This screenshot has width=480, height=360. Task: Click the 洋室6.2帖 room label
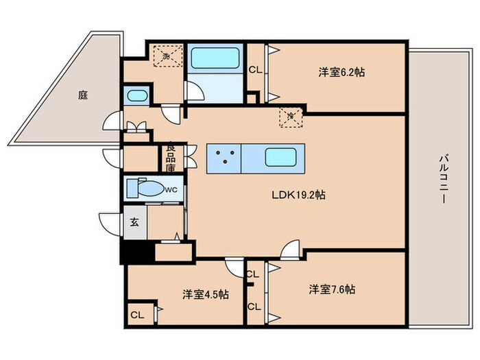341,73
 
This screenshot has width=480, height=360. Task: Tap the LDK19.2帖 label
298,195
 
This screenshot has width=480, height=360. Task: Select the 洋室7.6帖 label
332,289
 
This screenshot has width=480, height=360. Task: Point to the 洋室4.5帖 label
206,294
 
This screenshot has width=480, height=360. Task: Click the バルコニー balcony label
443,179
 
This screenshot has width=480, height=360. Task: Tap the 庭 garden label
83,95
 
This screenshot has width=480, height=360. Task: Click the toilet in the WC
145,188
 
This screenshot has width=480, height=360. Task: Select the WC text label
171,190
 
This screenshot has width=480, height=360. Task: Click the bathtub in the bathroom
215,58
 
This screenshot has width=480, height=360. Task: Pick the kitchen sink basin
280,157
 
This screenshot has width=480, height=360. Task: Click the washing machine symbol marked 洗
168,56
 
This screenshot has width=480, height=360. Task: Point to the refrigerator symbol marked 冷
291,117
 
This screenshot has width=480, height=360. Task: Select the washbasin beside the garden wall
137,96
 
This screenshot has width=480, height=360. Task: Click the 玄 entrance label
134,222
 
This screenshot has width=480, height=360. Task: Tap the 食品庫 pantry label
171,158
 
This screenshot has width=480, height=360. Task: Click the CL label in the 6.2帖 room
255,70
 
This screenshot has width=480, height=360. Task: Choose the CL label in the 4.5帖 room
137,315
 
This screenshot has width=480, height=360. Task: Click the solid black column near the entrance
137,252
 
